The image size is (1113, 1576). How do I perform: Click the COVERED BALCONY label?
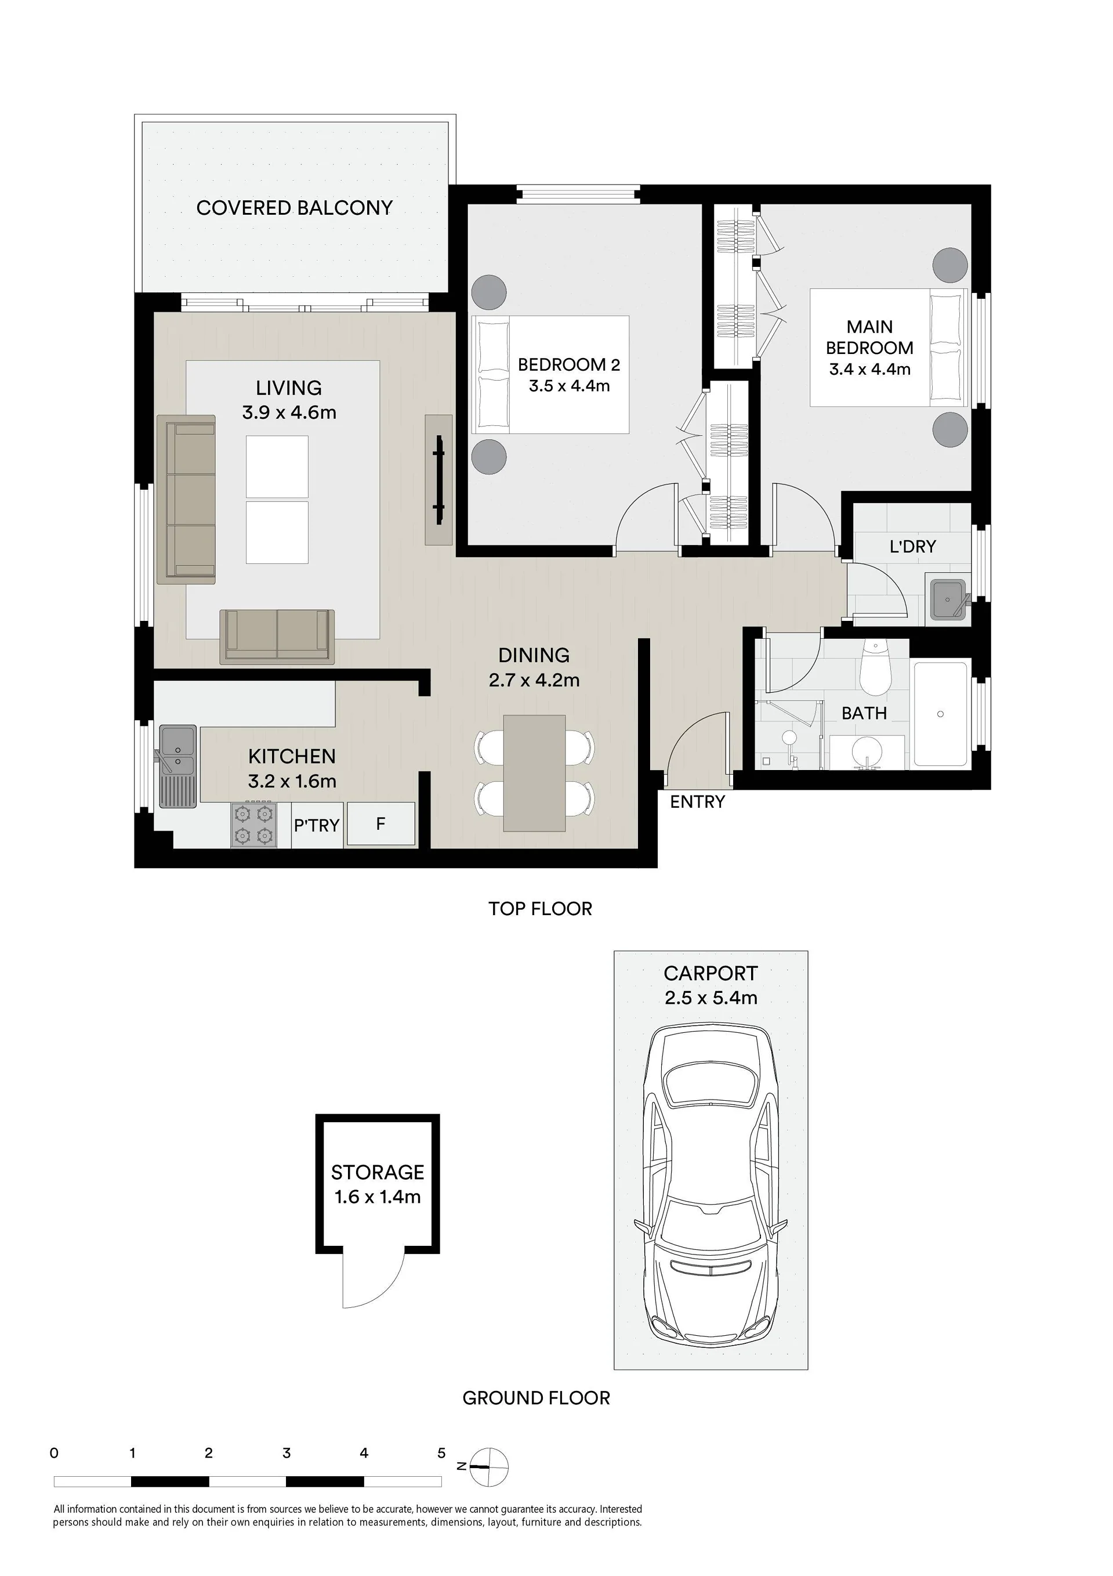[x=295, y=207]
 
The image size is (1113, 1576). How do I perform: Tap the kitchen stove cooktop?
[x=252, y=825]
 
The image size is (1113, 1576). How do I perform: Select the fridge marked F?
[x=381, y=824]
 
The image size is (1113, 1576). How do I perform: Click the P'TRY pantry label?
[x=317, y=825]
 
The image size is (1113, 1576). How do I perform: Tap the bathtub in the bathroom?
[x=941, y=714]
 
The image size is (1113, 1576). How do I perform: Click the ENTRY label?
[x=697, y=802]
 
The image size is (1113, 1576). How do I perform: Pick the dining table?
[x=535, y=773]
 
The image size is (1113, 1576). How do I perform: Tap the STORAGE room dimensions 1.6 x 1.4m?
[x=378, y=1197]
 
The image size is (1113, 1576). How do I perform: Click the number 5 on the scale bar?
[x=441, y=1453]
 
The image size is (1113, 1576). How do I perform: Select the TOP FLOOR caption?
[x=540, y=909]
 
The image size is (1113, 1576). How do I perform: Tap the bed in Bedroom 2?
[x=550, y=374]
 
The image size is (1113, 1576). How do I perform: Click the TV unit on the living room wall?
[x=438, y=480]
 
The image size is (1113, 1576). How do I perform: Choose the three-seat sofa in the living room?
[x=186, y=500]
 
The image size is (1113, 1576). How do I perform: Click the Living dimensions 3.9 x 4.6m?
[x=289, y=413]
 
